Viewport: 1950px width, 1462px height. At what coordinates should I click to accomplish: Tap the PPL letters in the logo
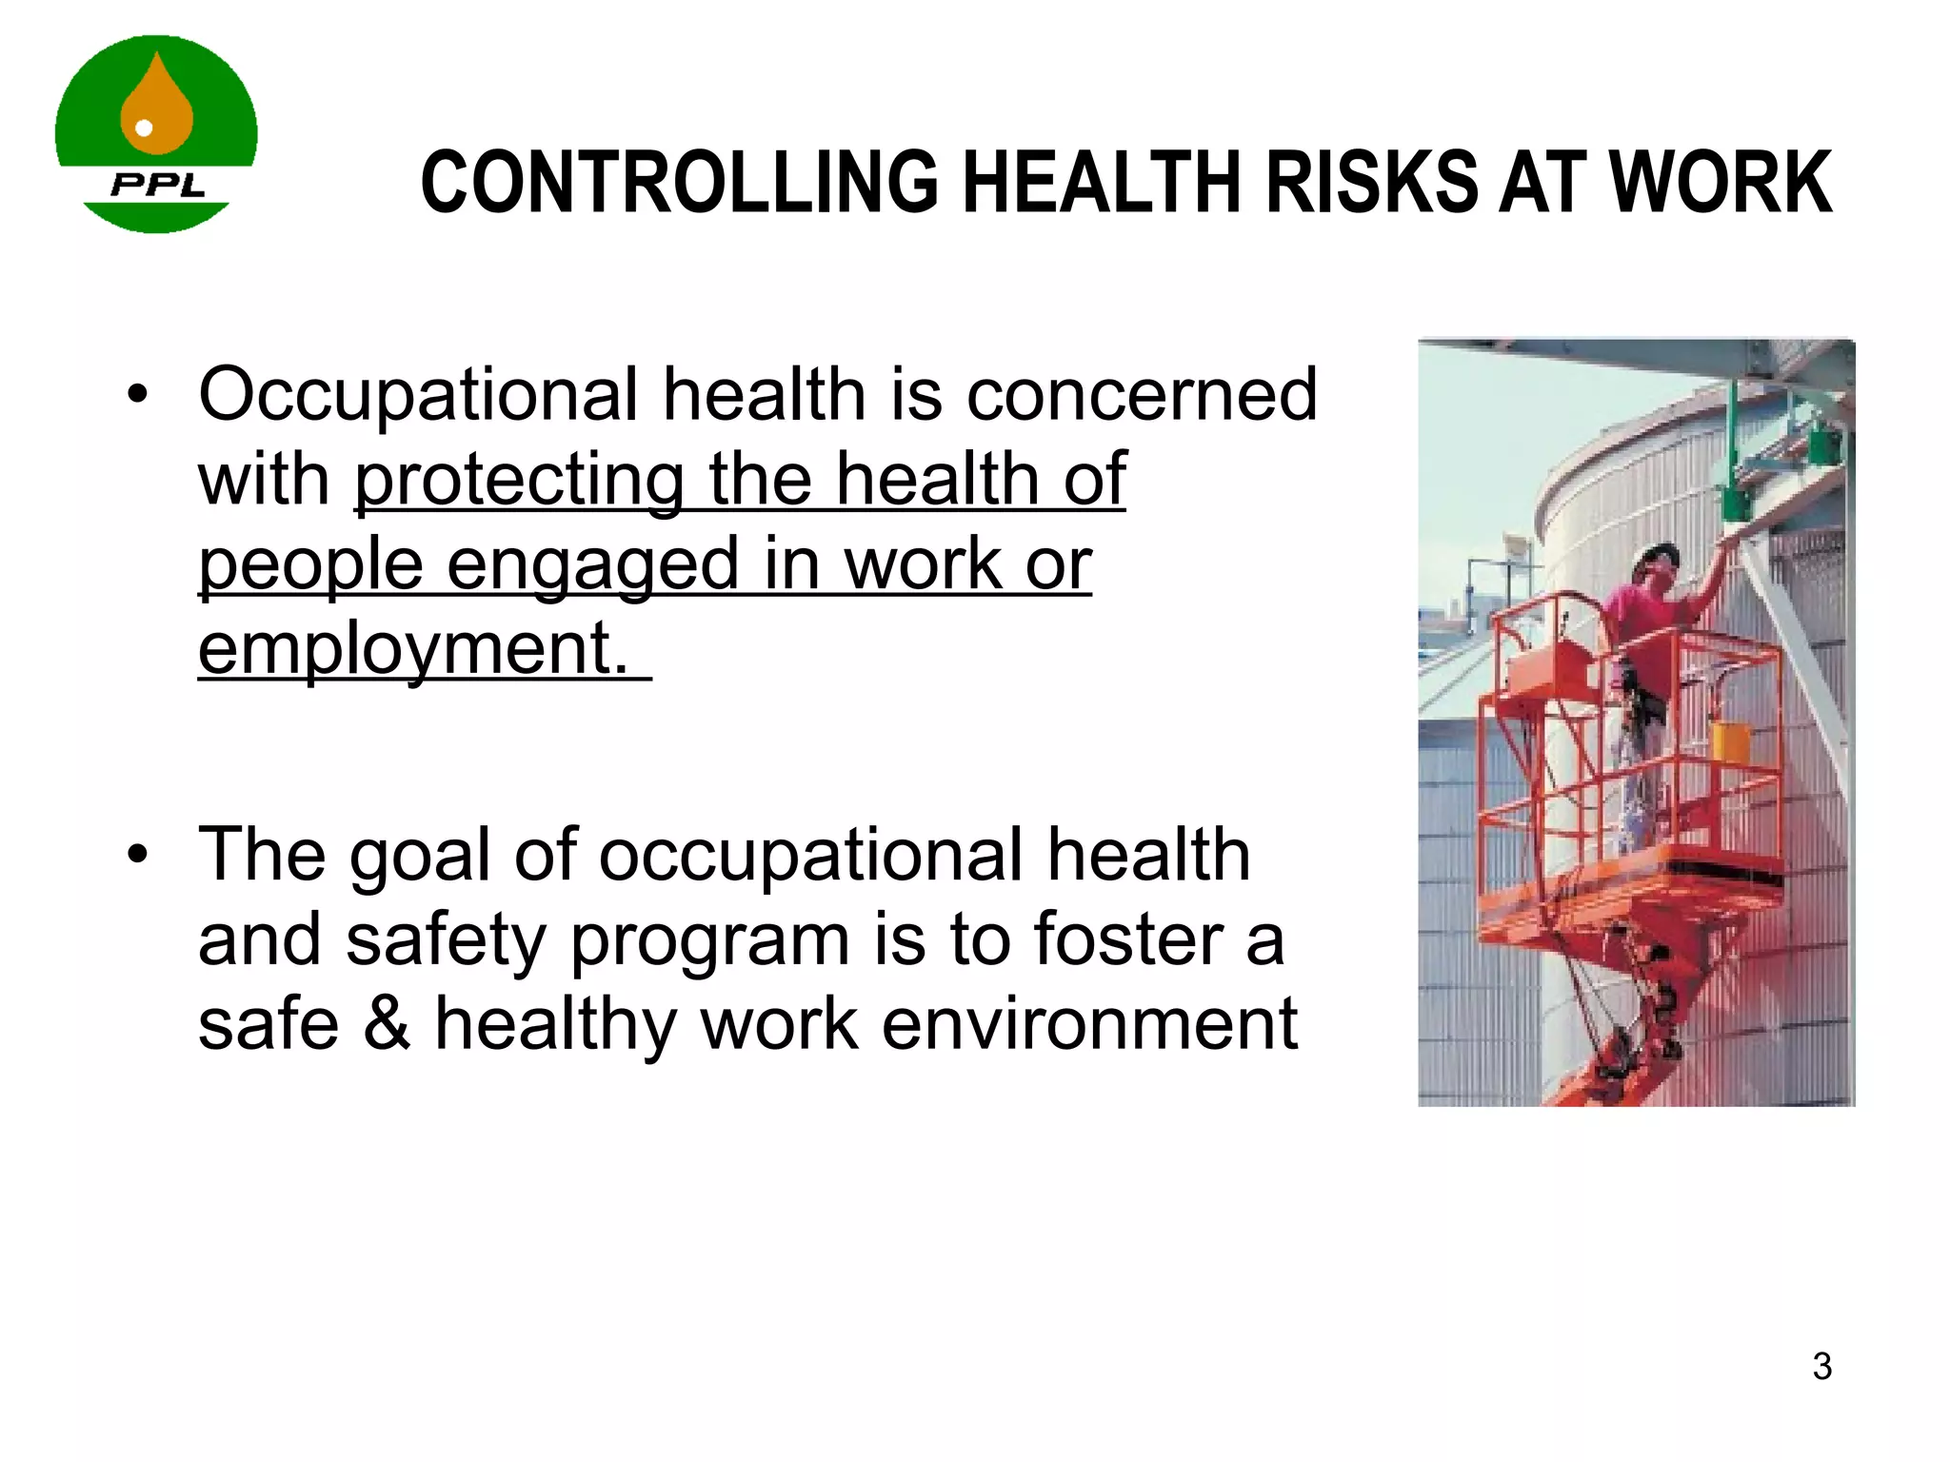[x=158, y=185]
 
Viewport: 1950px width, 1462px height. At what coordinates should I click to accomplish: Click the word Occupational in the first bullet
[x=418, y=394]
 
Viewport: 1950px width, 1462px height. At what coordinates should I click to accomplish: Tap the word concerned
[x=1142, y=394]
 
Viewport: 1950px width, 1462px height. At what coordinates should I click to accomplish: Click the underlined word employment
[x=413, y=649]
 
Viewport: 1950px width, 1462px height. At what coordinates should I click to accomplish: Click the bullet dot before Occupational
[x=138, y=394]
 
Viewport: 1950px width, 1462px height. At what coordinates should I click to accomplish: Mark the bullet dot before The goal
[x=138, y=855]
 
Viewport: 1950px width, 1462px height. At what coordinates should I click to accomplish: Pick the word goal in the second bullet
[x=420, y=855]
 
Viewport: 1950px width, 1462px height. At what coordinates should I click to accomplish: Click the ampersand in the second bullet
[x=387, y=1024]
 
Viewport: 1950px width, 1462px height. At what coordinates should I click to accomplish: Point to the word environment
[x=1089, y=1024]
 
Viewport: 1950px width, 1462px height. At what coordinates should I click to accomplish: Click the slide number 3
[x=1821, y=1366]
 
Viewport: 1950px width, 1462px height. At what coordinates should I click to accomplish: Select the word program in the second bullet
[x=710, y=939]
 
